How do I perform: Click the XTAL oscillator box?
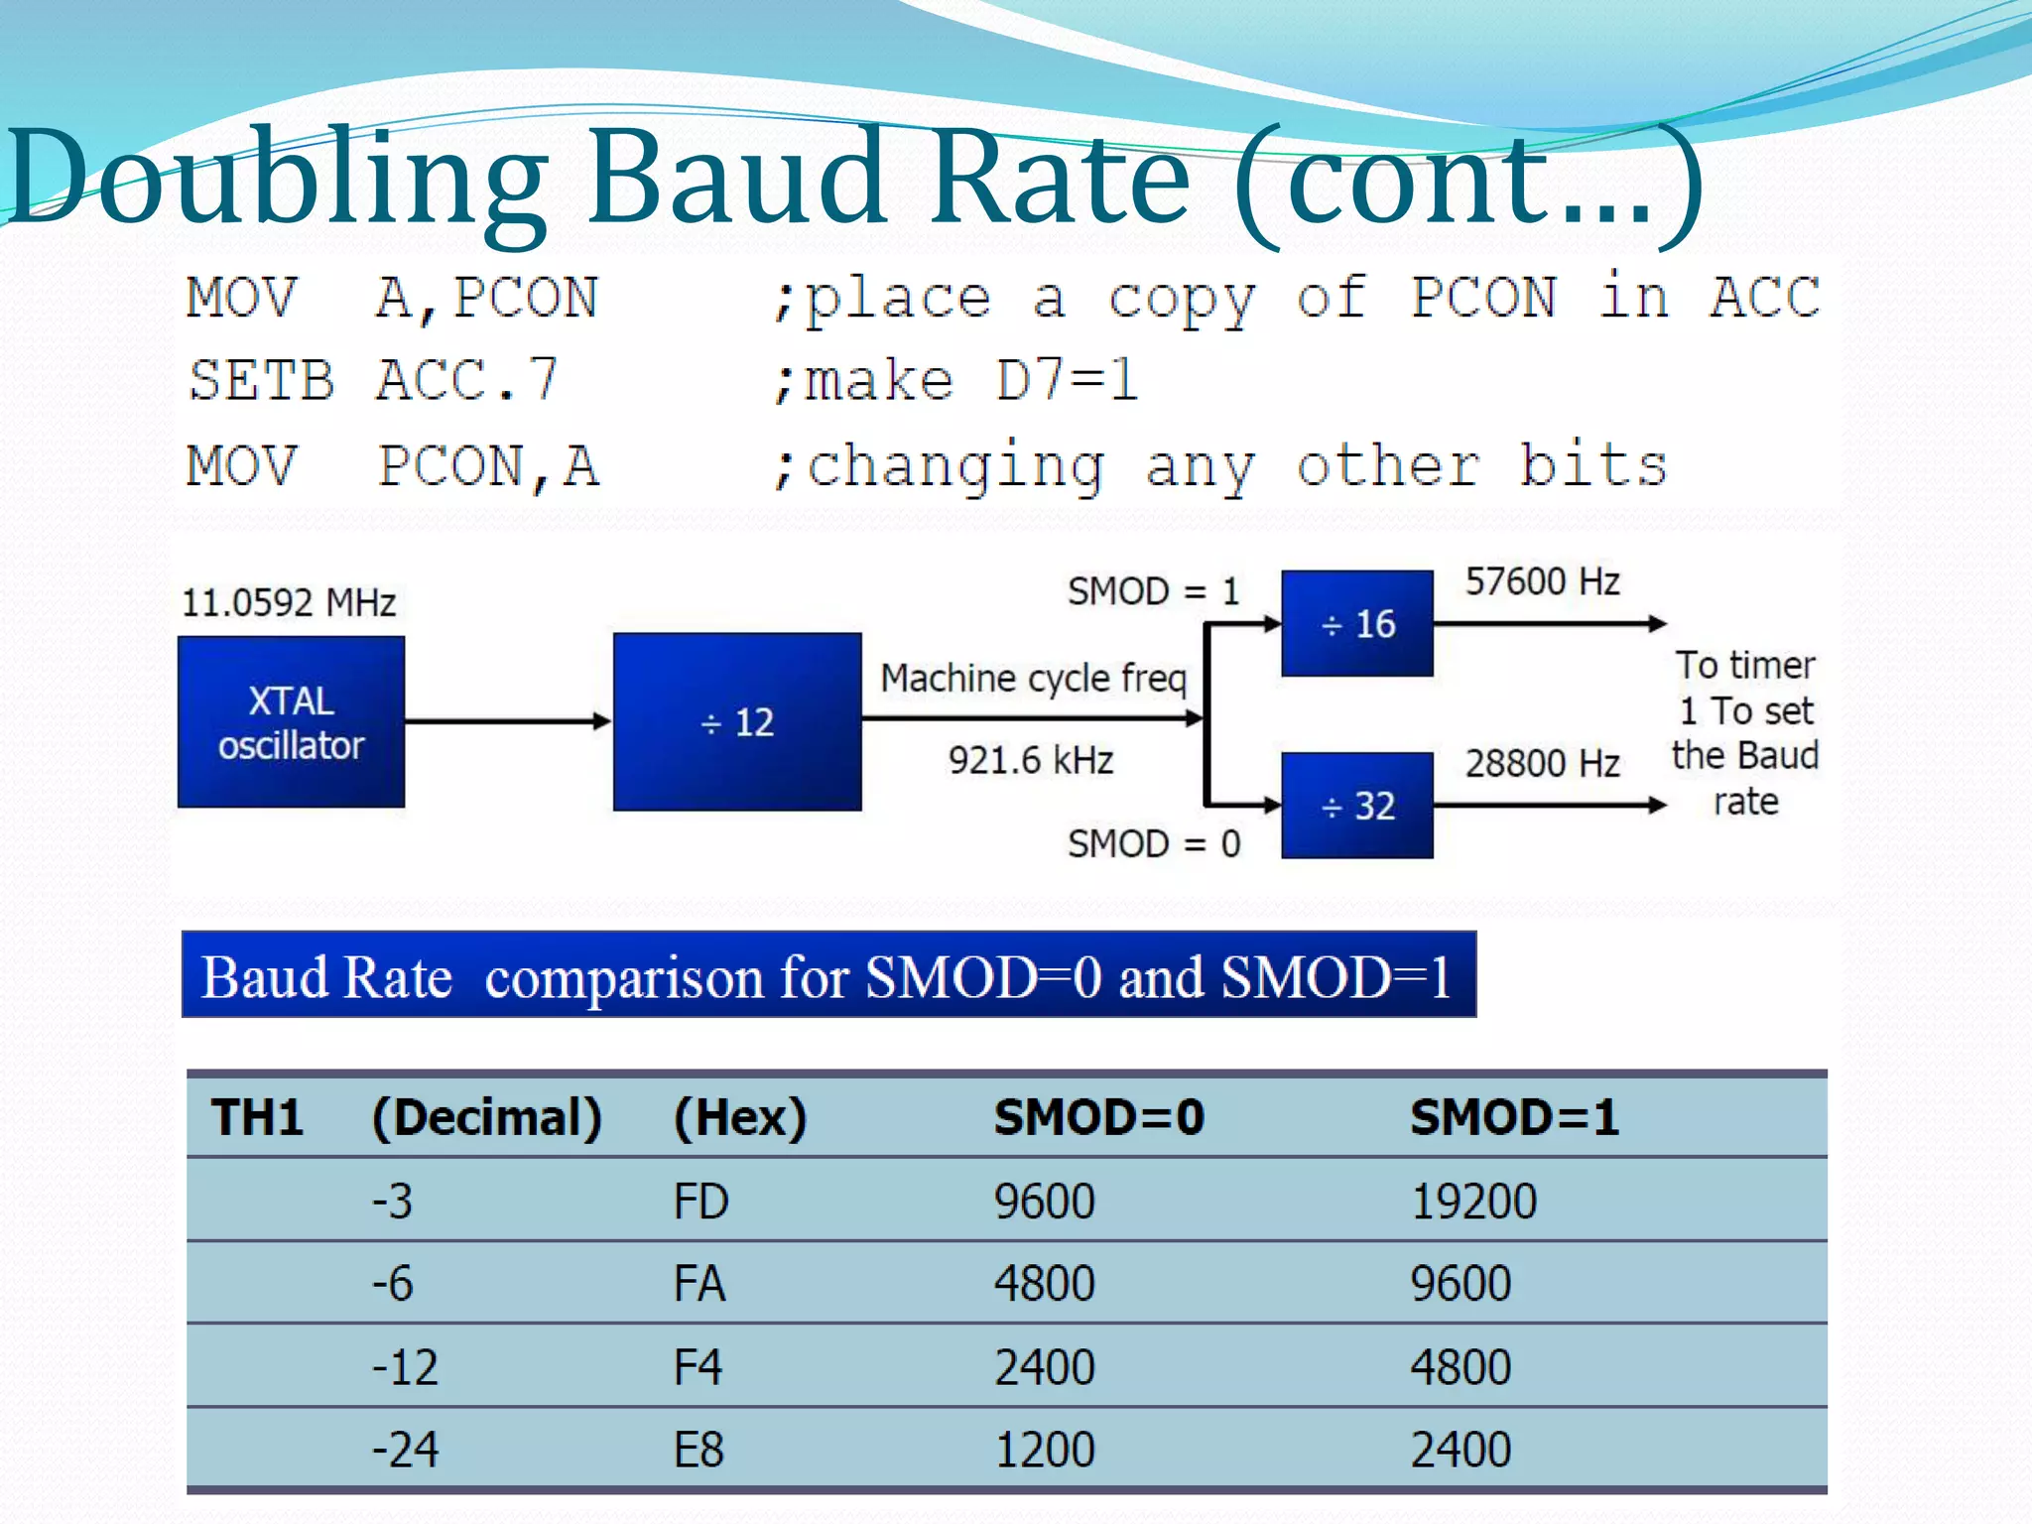291,721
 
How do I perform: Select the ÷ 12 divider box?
737,721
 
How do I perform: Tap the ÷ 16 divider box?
1357,623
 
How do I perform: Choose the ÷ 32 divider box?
1357,805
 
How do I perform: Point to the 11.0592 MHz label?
289,602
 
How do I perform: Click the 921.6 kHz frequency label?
1031,760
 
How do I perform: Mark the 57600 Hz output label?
1543,581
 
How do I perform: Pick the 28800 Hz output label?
1543,763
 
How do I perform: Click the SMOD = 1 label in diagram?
1153,591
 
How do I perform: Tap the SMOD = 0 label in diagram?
1153,843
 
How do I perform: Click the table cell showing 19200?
1473,1201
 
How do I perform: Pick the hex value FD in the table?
700,1201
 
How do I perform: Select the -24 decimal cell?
405,1450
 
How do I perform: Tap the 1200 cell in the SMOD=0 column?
1045,1450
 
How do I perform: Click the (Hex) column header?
740,1117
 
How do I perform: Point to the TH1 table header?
257,1117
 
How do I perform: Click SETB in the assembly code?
262,381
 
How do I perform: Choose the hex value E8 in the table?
698,1450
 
